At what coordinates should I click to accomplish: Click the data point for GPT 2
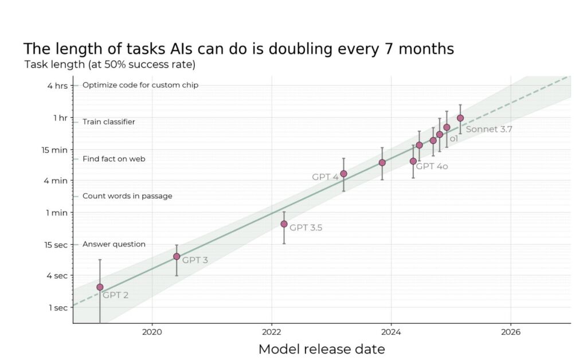pos(100,287)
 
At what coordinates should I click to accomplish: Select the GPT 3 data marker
pos(177,256)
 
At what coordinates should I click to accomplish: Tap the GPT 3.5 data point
pos(284,224)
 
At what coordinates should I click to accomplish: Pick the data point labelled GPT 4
pos(343,174)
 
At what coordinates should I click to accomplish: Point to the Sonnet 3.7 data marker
pos(460,118)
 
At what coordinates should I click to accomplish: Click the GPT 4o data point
pos(413,161)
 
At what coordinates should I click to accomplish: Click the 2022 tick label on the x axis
pos(271,331)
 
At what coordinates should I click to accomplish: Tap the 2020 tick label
pos(152,331)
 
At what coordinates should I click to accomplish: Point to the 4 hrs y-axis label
pos(58,85)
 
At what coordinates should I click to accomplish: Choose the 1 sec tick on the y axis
pos(58,307)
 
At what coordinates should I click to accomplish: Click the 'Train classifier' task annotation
pos(109,122)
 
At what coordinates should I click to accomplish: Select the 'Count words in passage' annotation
pos(127,196)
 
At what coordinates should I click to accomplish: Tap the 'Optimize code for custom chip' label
pos(140,85)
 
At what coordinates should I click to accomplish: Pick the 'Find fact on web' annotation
pos(114,159)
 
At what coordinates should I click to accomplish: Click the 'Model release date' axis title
pos(322,349)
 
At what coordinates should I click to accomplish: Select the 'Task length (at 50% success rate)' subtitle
pos(110,64)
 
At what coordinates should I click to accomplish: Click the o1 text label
pos(453,139)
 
